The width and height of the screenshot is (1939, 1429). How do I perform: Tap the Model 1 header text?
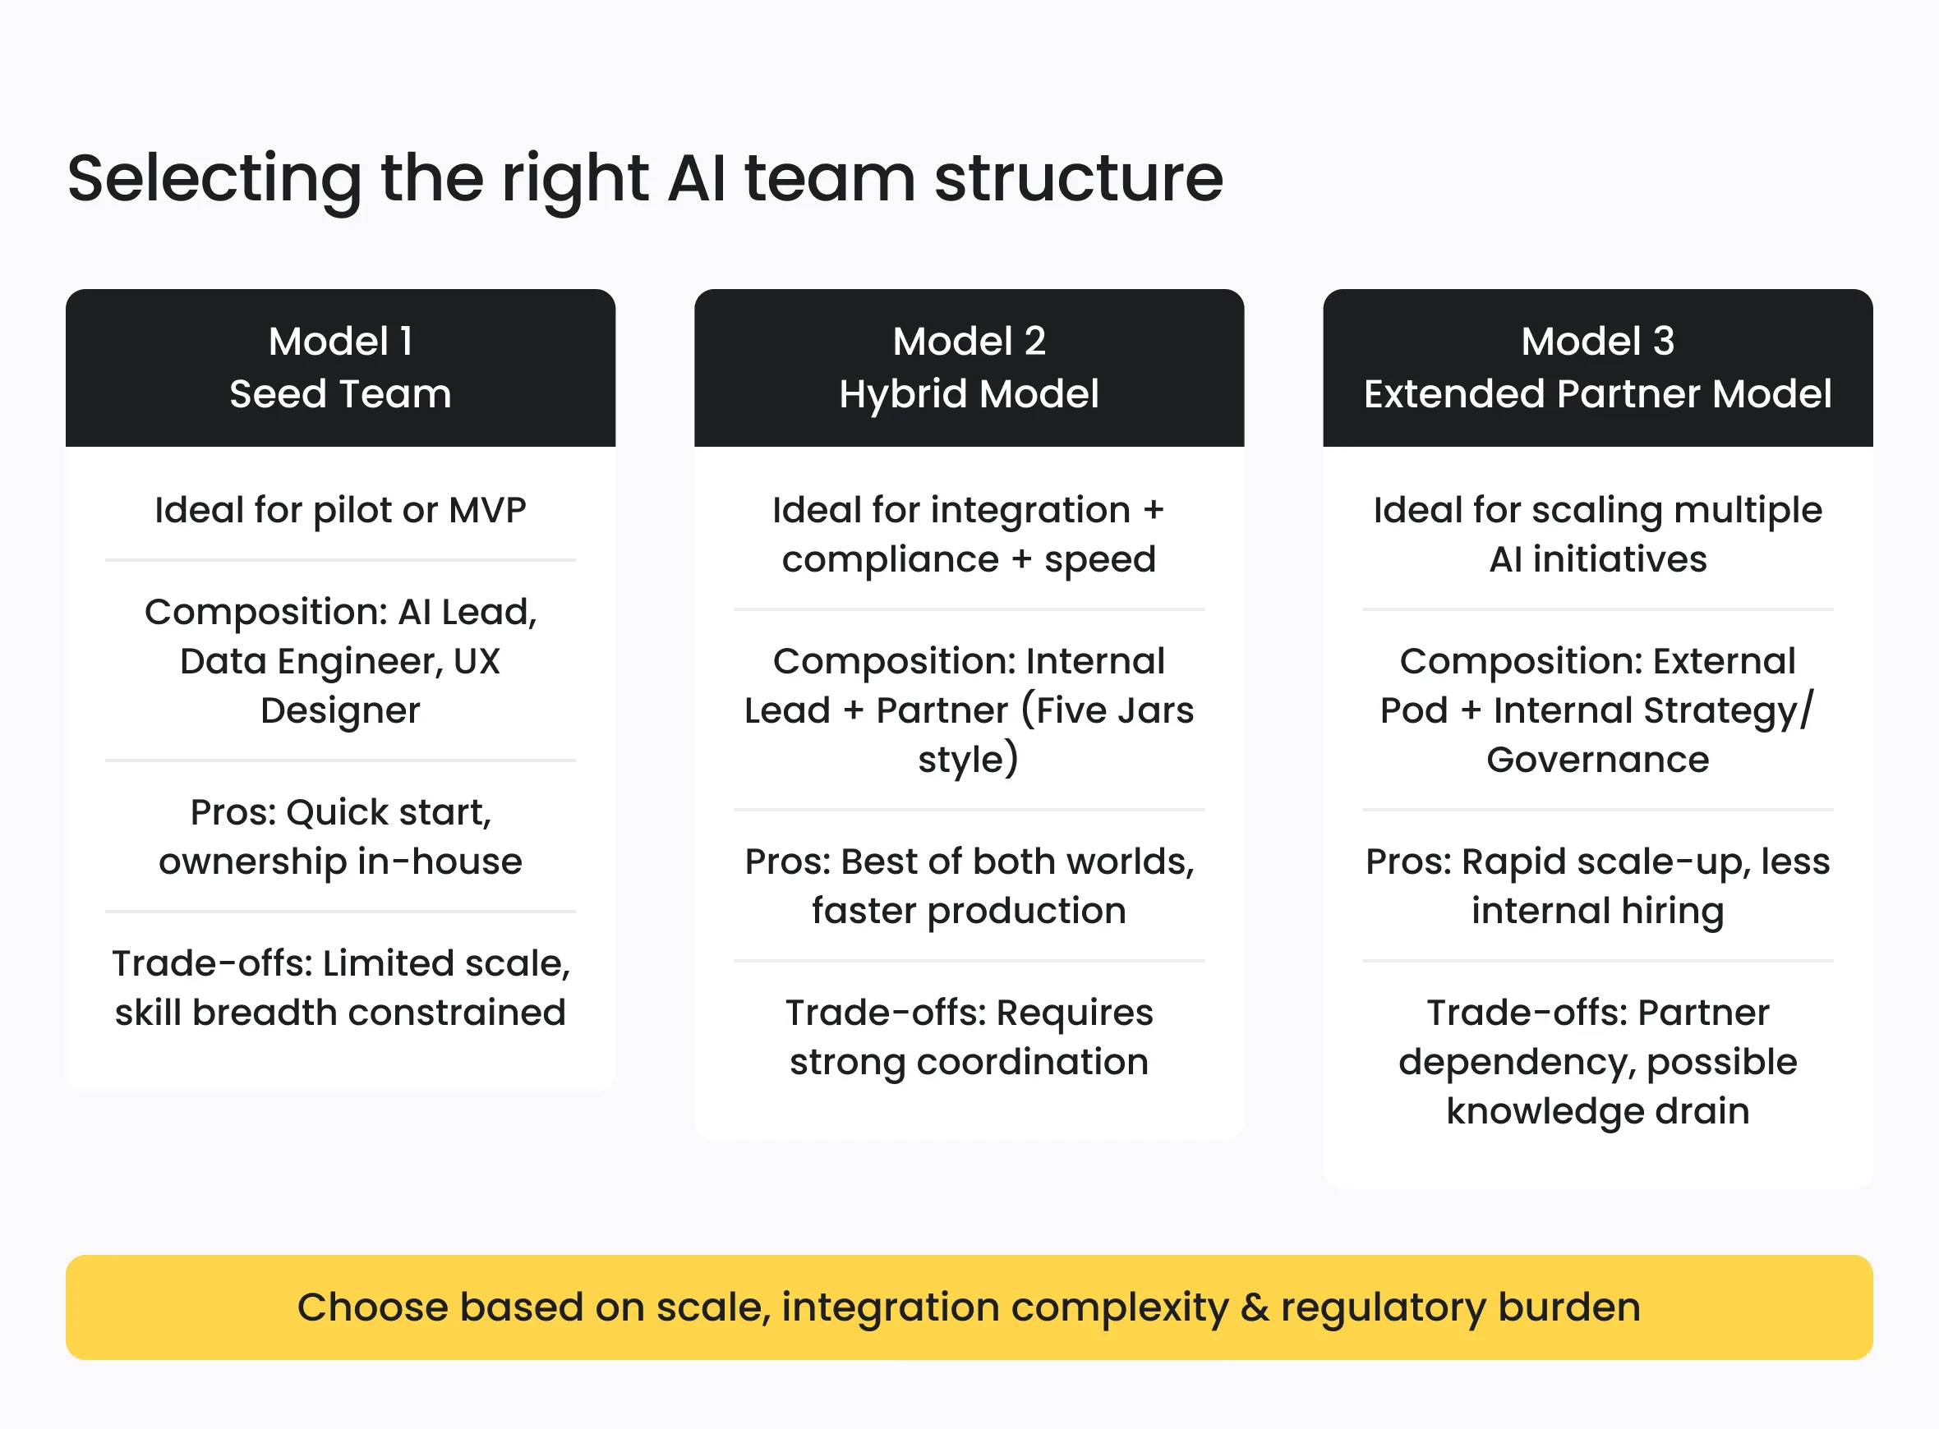pyautogui.click(x=340, y=341)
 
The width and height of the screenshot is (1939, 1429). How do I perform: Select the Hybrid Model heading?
pyautogui.click(x=968, y=393)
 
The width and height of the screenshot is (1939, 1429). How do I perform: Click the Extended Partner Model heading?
pyautogui.click(x=1596, y=393)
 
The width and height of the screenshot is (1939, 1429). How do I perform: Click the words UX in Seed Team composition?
pyautogui.click(x=476, y=661)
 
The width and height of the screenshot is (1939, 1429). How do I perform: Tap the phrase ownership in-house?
pyautogui.click(x=340, y=862)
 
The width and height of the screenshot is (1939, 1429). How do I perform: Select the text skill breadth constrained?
pyautogui.click(x=340, y=1012)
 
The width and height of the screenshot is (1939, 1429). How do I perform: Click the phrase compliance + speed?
pyautogui.click(x=968, y=558)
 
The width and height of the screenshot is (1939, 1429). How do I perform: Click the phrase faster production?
pyautogui.click(x=968, y=911)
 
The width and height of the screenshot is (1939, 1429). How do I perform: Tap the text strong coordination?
pyautogui.click(x=968, y=1061)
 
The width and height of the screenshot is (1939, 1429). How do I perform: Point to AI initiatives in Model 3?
pyautogui.click(x=1596, y=558)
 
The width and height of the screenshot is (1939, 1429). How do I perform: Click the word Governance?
pyautogui.click(x=1596, y=760)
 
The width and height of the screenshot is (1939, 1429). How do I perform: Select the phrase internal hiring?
pyautogui.click(x=1596, y=911)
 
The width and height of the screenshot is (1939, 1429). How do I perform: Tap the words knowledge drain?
pyautogui.click(x=1596, y=1110)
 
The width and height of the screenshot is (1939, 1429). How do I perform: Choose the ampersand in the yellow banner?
pyautogui.click(x=1254, y=1307)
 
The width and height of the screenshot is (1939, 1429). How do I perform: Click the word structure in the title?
pyautogui.click(x=1078, y=178)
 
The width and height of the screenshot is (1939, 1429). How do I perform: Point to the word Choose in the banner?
pyautogui.click(x=371, y=1307)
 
